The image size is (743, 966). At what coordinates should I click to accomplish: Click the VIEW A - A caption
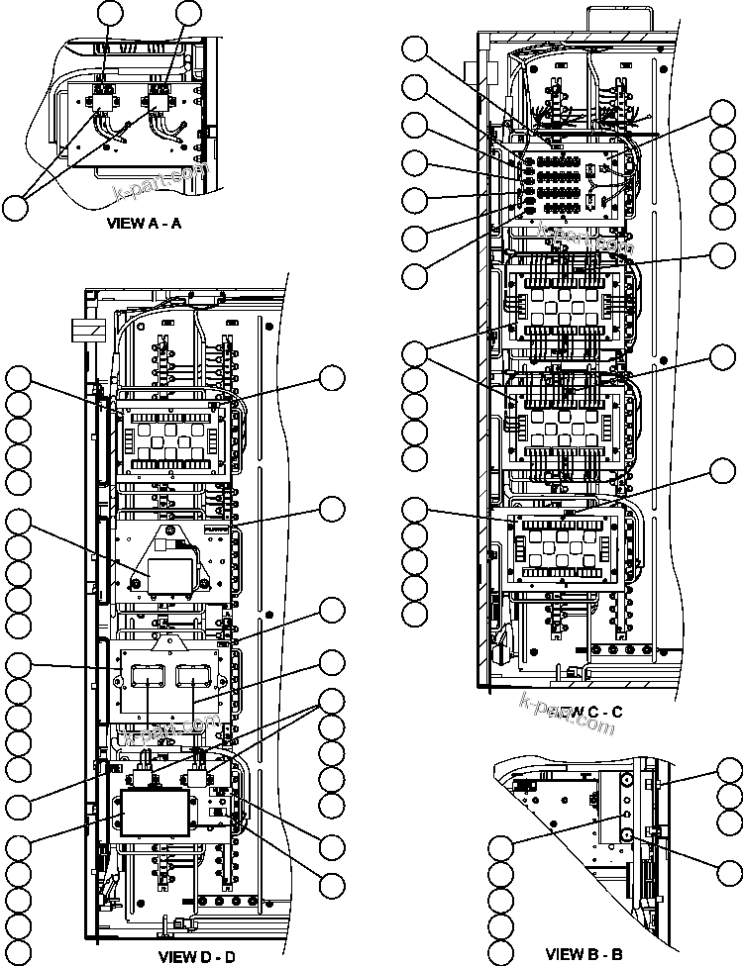(x=144, y=224)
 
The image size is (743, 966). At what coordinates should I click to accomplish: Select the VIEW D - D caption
(x=196, y=956)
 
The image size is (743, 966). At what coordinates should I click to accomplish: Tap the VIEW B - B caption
(x=584, y=954)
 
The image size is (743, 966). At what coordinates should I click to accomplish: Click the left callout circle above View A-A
(x=112, y=13)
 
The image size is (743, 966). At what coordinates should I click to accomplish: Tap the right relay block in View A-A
(x=159, y=95)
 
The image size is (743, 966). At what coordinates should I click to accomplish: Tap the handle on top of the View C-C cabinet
(x=613, y=19)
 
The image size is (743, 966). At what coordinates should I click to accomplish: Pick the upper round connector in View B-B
(x=627, y=780)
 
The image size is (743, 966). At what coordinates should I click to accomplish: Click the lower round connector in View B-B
(x=627, y=835)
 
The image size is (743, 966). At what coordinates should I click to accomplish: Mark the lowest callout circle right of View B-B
(x=729, y=868)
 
